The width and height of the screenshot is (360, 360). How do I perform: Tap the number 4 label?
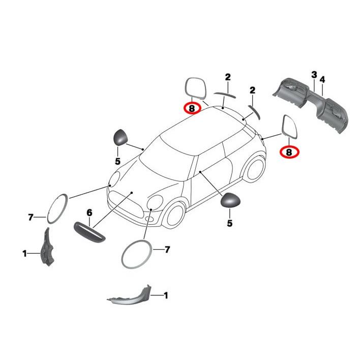pos(322,79)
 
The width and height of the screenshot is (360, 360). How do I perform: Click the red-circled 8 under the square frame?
pos(192,108)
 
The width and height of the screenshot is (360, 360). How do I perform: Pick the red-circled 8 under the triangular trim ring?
pos(288,151)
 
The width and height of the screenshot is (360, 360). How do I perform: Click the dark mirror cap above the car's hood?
pos(119,137)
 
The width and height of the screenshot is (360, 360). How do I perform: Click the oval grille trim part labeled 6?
pos(90,231)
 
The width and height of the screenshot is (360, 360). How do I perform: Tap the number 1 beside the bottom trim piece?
pos(165,295)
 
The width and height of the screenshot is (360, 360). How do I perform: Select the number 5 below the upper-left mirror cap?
pos(117,161)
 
